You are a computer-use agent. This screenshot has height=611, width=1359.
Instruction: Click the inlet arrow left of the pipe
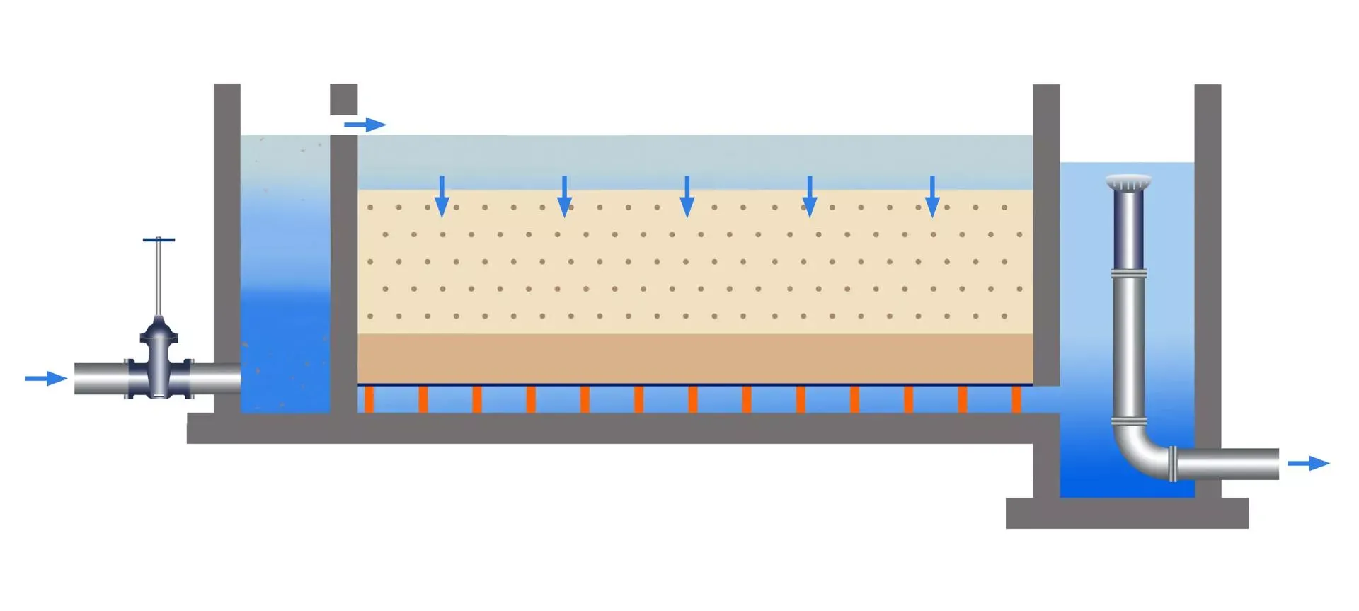pyautogui.click(x=45, y=379)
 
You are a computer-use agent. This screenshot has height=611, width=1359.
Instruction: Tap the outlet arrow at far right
pyautogui.click(x=1308, y=464)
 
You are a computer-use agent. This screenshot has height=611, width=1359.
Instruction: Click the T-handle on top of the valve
pyautogui.click(x=159, y=240)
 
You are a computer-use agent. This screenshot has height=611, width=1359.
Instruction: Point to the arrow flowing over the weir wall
pyautogui.click(x=365, y=125)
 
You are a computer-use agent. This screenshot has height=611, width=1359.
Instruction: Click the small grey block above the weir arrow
pyautogui.click(x=343, y=99)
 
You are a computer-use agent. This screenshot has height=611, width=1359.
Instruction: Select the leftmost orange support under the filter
pyautogui.click(x=369, y=399)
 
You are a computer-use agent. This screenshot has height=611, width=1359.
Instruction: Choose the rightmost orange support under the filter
pyautogui.click(x=1016, y=399)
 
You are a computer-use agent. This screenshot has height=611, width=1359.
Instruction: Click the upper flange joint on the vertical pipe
pyautogui.click(x=1128, y=273)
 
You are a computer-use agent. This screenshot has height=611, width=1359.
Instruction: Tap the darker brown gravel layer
pyautogui.click(x=694, y=358)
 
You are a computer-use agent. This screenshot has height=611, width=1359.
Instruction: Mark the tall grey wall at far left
pyautogui.click(x=227, y=248)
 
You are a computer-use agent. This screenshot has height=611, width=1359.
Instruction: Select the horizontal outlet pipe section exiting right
pyautogui.click(x=1228, y=464)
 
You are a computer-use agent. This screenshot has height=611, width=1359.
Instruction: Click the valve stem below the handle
pyautogui.click(x=159, y=280)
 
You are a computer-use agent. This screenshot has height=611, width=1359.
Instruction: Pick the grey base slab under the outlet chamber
pyautogui.click(x=1127, y=513)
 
